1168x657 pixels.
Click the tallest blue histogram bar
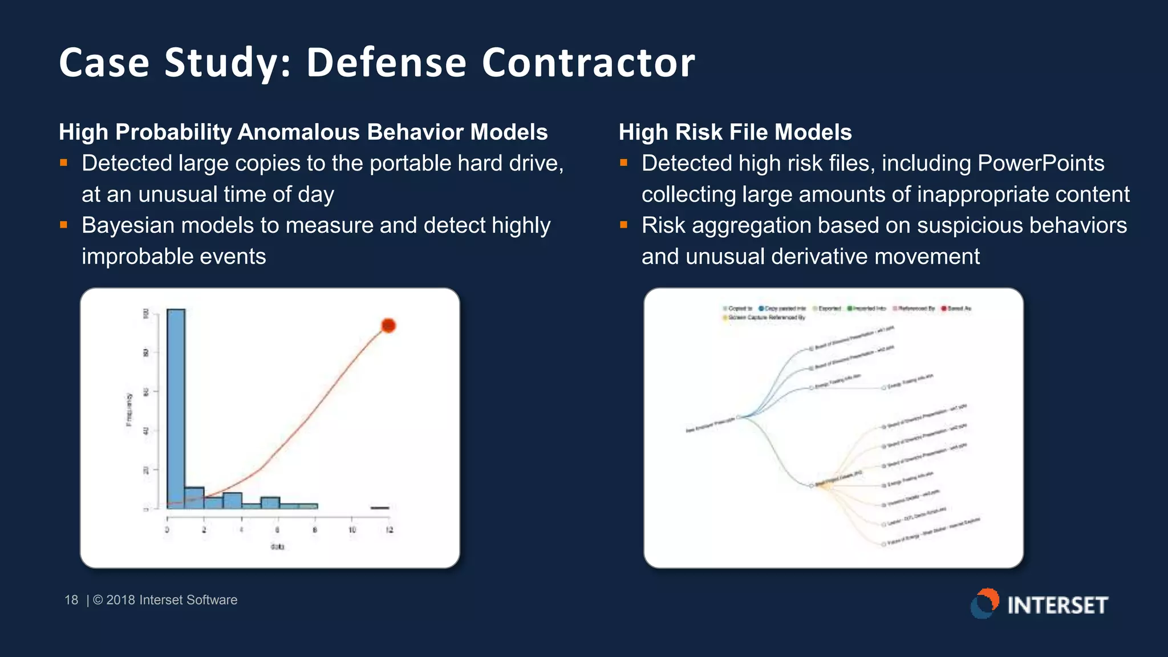pos(176,408)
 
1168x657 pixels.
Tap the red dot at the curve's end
pos(388,326)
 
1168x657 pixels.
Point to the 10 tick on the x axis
pos(352,529)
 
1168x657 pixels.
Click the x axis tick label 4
pos(241,530)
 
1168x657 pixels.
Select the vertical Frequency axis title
pos(129,409)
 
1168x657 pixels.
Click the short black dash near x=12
pos(380,508)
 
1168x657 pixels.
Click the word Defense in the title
pos(386,62)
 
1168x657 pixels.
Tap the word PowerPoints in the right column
pos(1041,164)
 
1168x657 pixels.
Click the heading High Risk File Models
pos(735,132)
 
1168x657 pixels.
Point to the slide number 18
pos(71,600)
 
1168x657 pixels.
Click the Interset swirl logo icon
pos(985,603)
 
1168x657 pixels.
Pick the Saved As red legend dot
pos(944,309)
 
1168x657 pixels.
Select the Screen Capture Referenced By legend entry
pos(766,318)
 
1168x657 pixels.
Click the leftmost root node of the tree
pos(739,417)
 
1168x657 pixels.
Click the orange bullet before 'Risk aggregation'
pos(623,225)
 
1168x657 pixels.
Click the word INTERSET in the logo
pos(1057,605)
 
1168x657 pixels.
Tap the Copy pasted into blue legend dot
pos(761,309)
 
